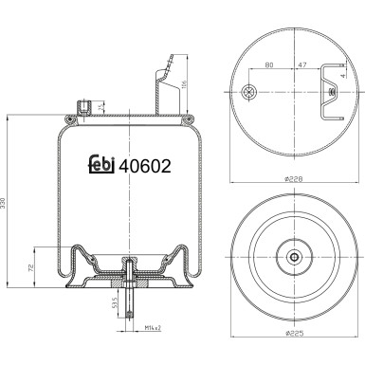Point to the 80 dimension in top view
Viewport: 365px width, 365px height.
click(269, 66)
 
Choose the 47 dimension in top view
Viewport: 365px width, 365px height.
click(301, 66)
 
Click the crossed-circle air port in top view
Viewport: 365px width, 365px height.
click(249, 92)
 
